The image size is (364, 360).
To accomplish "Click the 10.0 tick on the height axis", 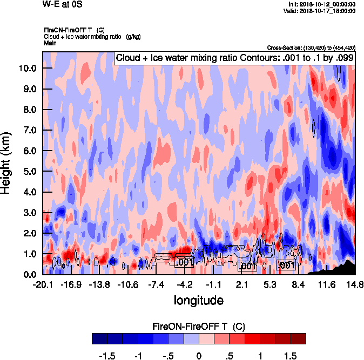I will coord(28,68).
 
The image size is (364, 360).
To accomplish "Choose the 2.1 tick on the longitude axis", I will coord(241,284).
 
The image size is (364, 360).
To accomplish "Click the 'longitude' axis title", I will coord(198,299).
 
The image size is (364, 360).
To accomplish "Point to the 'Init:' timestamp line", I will coord(322,4).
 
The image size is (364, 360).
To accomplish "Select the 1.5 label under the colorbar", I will coord(291,356).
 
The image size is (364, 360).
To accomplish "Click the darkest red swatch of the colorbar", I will coord(299,338).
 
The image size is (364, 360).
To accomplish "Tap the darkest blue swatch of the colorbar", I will coord(99,338).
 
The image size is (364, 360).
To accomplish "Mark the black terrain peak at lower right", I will coord(349,262).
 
